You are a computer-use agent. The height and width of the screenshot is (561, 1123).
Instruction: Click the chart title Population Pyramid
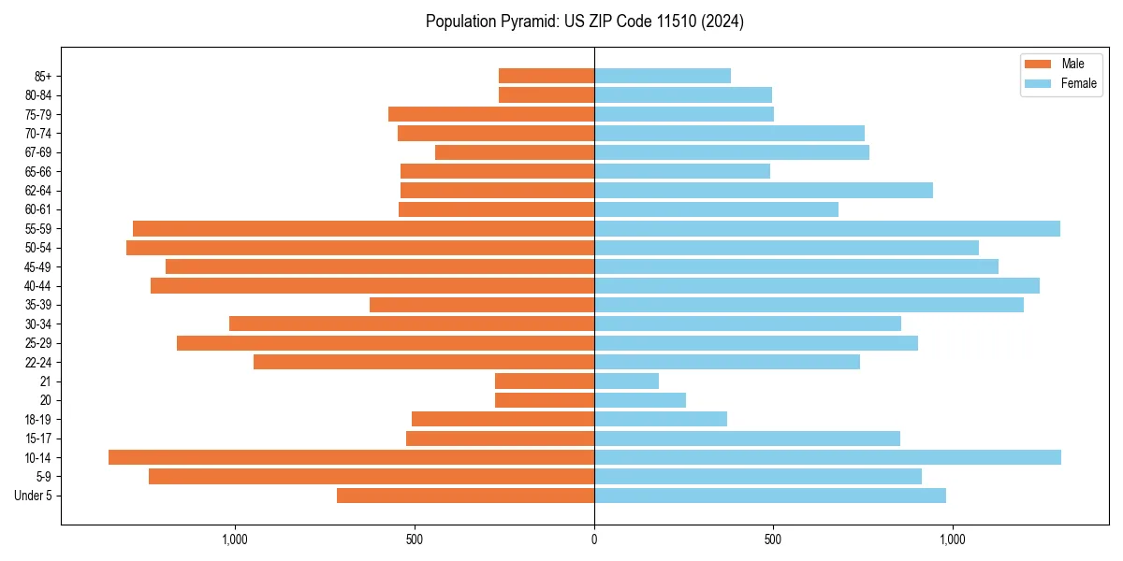[584, 22]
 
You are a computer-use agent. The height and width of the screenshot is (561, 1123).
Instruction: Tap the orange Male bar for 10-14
[351, 457]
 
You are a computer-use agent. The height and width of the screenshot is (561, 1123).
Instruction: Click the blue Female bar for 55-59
[827, 228]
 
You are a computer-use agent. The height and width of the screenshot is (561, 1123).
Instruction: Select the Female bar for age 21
[626, 381]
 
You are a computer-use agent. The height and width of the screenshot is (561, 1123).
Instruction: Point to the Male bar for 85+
[547, 76]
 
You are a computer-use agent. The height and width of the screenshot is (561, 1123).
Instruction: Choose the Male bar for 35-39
[482, 305]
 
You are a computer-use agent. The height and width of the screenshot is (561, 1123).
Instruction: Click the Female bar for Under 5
[770, 496]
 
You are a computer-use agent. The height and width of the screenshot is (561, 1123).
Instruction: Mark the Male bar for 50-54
[360, 248]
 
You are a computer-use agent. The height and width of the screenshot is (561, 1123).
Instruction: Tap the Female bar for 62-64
[764, 190]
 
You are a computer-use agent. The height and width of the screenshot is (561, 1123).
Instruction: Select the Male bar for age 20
[545, 400]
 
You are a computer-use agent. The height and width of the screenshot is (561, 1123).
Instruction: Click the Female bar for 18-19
[661, 419]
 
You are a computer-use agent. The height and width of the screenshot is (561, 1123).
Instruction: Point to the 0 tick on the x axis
[594, 539]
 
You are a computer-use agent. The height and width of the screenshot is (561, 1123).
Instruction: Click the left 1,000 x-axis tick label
[234, 539]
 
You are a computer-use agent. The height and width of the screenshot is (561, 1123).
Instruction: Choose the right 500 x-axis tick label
[773, 539]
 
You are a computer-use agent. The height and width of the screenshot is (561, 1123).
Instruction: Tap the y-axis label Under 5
[33, 496]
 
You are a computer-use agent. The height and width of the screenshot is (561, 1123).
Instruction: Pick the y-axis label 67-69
[38, 152]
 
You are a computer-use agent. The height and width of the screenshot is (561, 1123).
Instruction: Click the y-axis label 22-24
[38, 362]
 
